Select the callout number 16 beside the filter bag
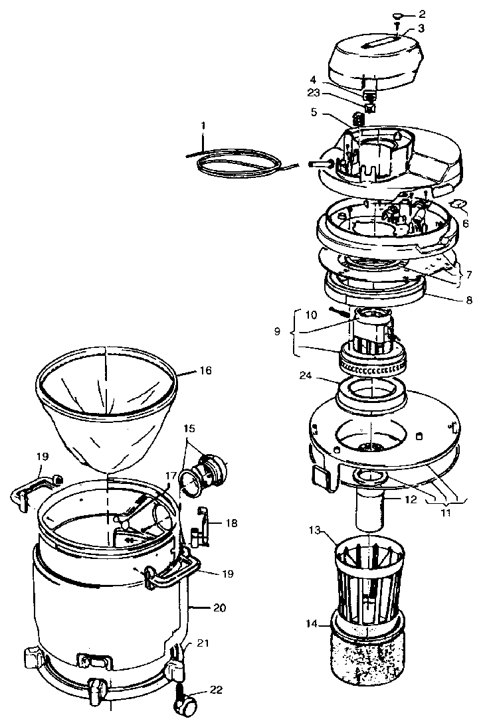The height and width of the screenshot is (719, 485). pos(205,370)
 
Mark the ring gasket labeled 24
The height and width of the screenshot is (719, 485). pos(373,396)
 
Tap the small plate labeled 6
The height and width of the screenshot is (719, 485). pos(457,206)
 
